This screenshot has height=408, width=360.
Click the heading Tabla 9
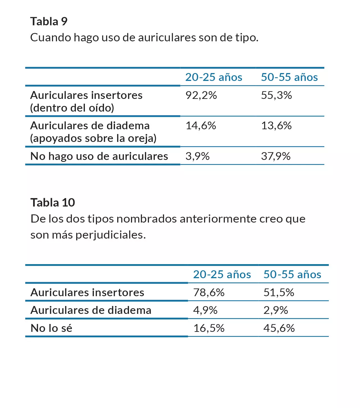(49, 22)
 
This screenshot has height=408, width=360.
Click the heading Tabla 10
(53, 203)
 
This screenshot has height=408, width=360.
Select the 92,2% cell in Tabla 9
(201, 96)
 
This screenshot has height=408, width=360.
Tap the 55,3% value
(276, 96)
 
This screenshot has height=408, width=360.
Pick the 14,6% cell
(201, 126)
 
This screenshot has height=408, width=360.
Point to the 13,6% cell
(276, 126)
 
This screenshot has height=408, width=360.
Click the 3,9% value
(197, 156)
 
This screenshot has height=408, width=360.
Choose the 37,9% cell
(276, 156)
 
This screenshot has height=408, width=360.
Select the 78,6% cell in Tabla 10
(209, 293)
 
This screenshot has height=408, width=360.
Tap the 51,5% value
(279, 293)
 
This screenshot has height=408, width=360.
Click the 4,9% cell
(205, 310)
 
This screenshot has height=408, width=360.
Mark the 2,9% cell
(276, 310)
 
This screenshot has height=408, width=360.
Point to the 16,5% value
(209, 328)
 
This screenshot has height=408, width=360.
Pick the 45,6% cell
(279, 328)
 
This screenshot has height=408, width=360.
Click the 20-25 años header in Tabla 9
(214, 77)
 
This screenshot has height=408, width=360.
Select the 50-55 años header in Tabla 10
(292, 275)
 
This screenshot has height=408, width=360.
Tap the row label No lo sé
(51, 328)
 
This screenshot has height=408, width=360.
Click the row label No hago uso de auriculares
(99, 156)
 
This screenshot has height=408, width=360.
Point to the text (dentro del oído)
(72, 108)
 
